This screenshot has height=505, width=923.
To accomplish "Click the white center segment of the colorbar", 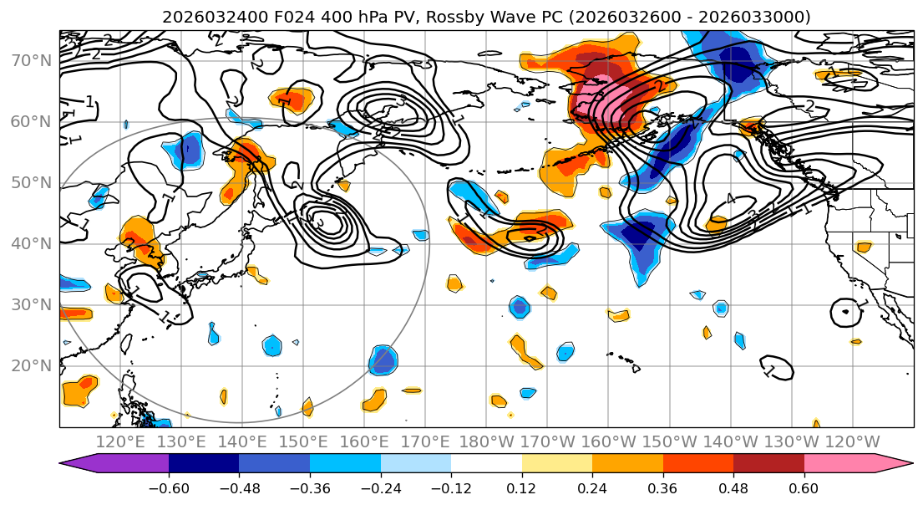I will tap(486, 464).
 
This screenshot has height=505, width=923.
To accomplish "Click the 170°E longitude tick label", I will tap(425, 441).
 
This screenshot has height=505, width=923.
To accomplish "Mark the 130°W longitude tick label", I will tap(792, 441).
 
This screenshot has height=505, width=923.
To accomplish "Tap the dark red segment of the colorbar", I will tap(768, 464).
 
